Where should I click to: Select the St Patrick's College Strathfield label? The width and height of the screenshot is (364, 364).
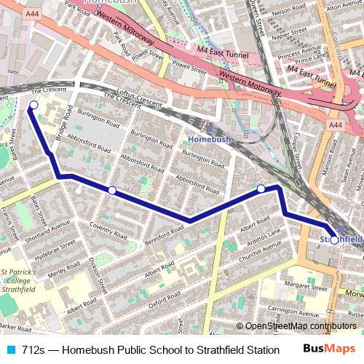coord(18,281)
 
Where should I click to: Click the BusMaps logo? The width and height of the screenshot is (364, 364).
coord(328,349)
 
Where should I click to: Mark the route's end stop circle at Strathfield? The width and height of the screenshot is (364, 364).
coord(334,240)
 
